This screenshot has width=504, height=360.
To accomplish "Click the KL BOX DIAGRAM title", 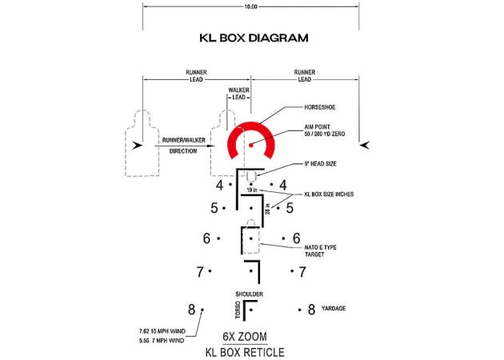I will click(252, 38).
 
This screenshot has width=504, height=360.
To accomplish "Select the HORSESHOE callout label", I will click(321, 107).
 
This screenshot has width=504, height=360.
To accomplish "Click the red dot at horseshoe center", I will click(251, 146).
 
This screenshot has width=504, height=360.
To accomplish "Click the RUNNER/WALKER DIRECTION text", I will click(184, 145).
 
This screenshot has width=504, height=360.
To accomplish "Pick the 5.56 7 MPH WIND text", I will click(160, 341).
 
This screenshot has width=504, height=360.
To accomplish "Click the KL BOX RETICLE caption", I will click(244, 350).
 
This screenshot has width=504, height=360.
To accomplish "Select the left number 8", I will click(191, 310).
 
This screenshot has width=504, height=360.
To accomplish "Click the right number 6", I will click(296, 238).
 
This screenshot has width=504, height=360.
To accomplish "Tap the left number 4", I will click(220, 186).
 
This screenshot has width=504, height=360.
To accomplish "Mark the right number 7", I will click(302, 273).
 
